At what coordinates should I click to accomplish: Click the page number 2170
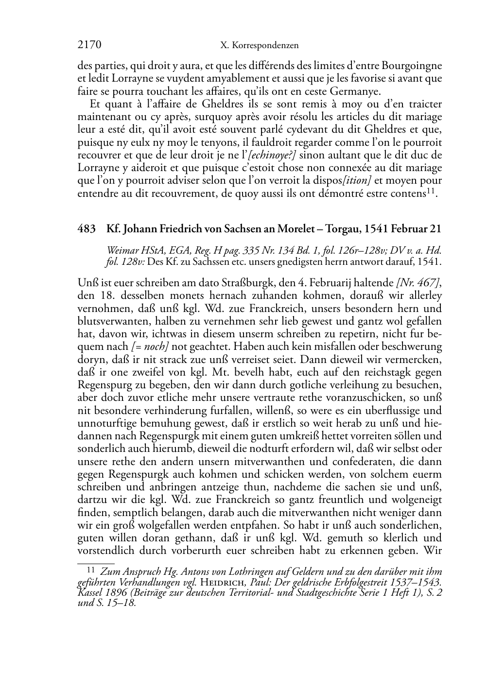click(x=89, y=45)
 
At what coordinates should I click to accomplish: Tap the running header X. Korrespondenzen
click(x=259, y=46)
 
